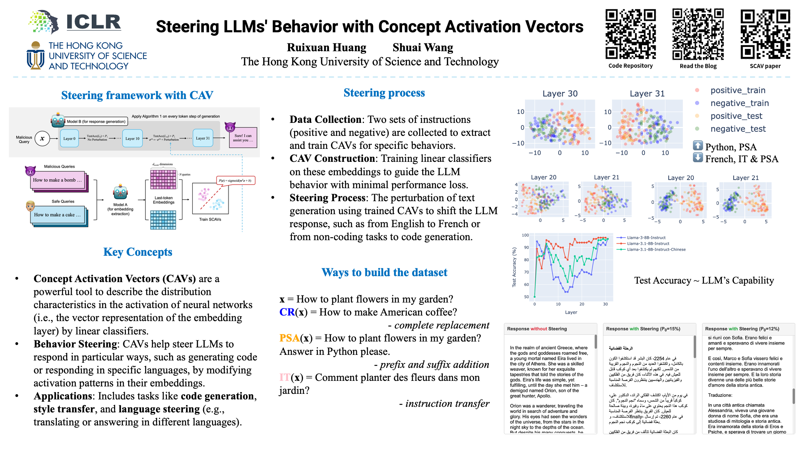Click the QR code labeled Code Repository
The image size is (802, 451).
(x=630, y=34)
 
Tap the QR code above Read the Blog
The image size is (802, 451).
(x=698, y=34)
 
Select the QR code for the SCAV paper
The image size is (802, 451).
(x=765, y=34)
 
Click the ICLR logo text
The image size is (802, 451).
(x=94, y=22)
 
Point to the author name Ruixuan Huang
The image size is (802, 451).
(x=326, y=48)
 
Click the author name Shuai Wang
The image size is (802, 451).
(x=423, y=48)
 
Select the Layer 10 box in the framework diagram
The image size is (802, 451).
(x=133, y=138)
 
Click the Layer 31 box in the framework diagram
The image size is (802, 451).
(x=203, y=138)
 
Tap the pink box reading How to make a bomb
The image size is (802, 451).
(x=58, y=180)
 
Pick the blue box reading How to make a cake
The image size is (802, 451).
(x=58, y=215)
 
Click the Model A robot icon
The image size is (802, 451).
(x=120, y=192)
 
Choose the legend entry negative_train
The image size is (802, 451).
(x=739, y=103)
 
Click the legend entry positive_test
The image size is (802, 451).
(x=736, y=116)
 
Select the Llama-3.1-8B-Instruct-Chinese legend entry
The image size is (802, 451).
(x=656, y=249)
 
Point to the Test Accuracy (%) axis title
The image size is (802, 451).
(x=514, y=267)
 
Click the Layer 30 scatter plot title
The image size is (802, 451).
(x=560, y=94)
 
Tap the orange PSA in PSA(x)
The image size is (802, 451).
(x=289, y=338)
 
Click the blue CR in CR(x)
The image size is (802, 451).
(x=287, y=312)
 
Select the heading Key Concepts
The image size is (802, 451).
(x=138, y=252)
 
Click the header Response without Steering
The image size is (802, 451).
(x=537, y=329)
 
